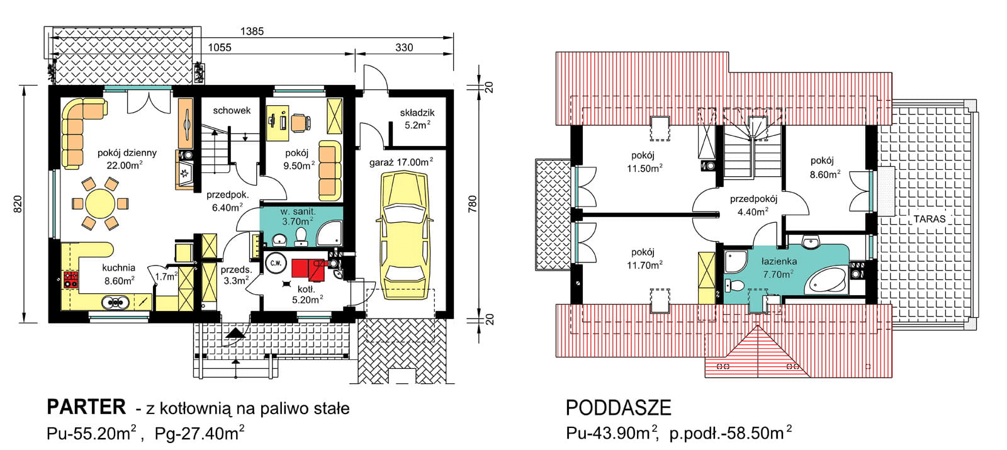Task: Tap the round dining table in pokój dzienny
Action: tap(100, 204)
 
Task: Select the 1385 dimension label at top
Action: tap(252, 31)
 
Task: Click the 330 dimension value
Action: tap(404, 47)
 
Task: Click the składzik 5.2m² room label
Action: tap(417, 119)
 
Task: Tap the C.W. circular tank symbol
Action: tap(275, 263)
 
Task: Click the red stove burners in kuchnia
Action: tap(70, 279)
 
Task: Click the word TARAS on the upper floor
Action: tap(930, 219)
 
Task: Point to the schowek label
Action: tap(232, 110)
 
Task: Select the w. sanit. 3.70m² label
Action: tap(298, 217)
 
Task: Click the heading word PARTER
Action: tap(86, 407)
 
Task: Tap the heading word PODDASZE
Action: tap(618, 408)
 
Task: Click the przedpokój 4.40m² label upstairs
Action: tap(753, 205)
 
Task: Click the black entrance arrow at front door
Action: tap(235, 333)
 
